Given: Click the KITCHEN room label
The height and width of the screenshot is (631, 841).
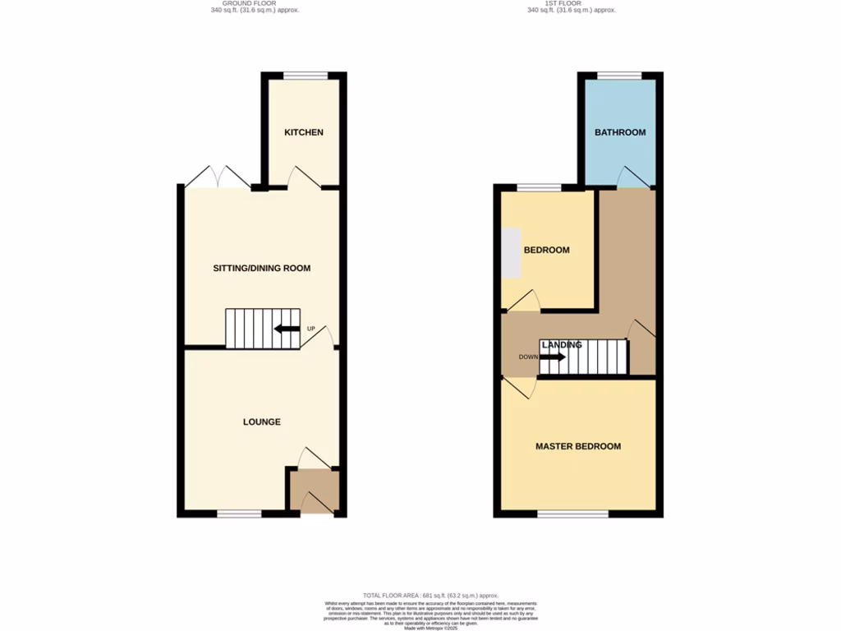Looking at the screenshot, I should tap(304, 132).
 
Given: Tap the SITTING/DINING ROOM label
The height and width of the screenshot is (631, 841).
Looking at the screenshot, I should tap(262, 268).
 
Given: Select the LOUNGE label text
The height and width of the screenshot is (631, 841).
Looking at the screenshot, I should tap(262, 421).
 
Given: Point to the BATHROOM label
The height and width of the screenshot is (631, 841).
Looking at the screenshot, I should tap(620, 132).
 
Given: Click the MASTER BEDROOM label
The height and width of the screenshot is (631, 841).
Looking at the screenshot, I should tap(578, 446).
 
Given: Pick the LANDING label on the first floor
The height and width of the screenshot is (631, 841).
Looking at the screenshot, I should tap(562, 345).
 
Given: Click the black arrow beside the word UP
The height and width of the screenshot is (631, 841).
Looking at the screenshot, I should tap(287, 329).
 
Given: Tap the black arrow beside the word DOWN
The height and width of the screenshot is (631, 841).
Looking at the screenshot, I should tap(552, 357).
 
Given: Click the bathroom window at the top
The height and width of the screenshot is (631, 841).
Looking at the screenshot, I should tap(619, 76).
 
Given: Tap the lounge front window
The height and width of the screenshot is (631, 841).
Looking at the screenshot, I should tap(239, 514).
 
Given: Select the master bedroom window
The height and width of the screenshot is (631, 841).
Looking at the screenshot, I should tap(573, 514).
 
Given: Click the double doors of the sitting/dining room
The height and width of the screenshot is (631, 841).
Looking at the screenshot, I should tap(218, 178).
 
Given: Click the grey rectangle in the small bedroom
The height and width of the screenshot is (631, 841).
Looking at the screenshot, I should tap(511, 252).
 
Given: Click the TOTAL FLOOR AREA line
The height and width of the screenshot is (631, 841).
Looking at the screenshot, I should tap(430, 595).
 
